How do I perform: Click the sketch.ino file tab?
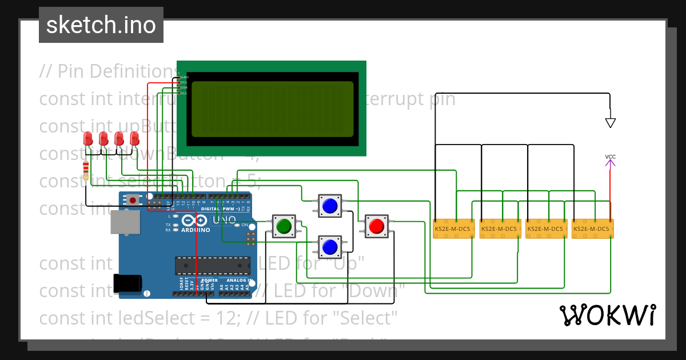click(x=101, y=25)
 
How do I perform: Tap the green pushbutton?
click(x=283, y=226)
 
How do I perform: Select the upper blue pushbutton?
click(x=329, y=205)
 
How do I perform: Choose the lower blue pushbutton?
click(x=329, y=247)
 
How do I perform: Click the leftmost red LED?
click(x=88, y=139)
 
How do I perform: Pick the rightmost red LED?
click(x=135, y=139)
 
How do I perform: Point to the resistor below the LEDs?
click(x=86, y=170)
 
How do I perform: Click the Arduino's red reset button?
click(x=134, y=200)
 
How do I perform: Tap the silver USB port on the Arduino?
click(x=125, y=222)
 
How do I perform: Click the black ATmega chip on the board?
click(x=212, y=265)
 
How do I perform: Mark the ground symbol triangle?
click(x=611, y=122)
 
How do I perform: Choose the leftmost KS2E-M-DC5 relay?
click(x=452, y=229)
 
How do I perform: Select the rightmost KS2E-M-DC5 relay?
click(x=592, y=229)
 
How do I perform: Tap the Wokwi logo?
click(x=607, y=315)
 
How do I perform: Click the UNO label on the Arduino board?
click(x=224, y=220)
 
